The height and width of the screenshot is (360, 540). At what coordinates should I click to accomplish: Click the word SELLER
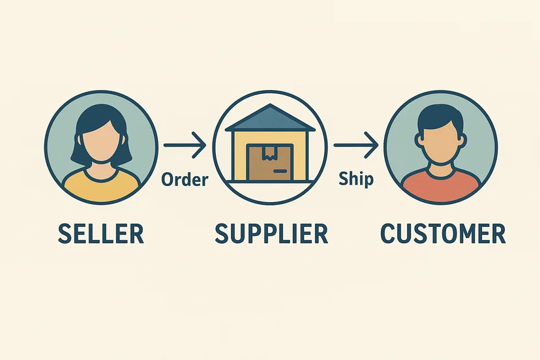100,233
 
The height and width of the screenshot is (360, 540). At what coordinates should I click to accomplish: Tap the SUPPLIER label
271,233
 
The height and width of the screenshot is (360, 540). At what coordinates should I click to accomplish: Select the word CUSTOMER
443,233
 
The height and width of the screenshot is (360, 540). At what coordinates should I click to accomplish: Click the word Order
185,179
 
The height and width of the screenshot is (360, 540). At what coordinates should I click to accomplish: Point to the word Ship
356,179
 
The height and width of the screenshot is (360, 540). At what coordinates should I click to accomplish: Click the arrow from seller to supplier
185,145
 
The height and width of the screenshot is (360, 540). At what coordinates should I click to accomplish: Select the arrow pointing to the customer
355,145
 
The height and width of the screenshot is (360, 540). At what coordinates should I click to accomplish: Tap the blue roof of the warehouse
270,118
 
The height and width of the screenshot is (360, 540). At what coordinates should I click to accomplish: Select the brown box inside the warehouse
270,162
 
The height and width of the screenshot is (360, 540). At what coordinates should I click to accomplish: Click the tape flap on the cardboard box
269,154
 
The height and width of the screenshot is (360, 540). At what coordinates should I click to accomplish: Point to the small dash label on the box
280,171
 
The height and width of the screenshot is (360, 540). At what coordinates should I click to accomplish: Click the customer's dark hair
440,117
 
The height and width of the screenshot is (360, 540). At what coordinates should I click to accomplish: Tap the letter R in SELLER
136,233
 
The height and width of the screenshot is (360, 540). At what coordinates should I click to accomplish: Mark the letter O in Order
168,180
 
